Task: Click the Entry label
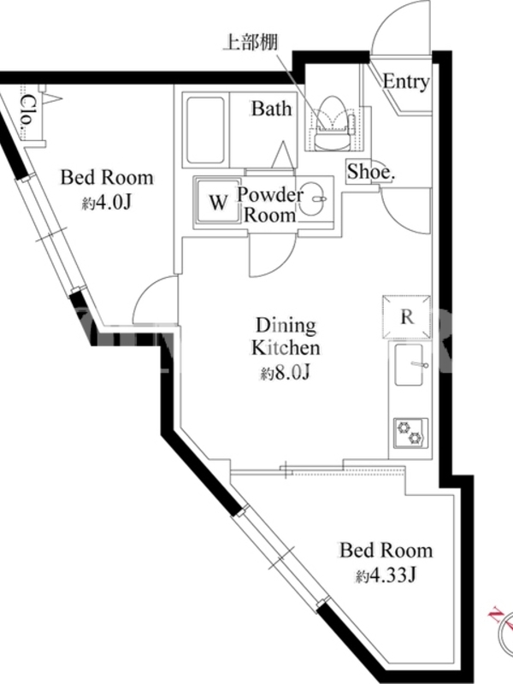[x=405, y=82]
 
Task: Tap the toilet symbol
[x=333, y=123]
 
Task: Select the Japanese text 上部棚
[x=251, y=42]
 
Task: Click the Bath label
[x=271, y=109]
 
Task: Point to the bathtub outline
[x=205, y=130]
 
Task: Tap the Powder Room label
[x=269, y=204]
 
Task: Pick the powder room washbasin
[x=315, y=199]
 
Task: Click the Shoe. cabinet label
[x=370, y=172]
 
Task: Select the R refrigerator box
[x=407, y=317]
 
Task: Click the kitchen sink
[x=410, y=365]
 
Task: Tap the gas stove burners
[x=410, y=433]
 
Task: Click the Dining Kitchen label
[x=286, y=337]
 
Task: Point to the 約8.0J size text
[x=286, y=373]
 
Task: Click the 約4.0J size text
[x=107, y=203]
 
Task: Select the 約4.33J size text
[x=386, y=575]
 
